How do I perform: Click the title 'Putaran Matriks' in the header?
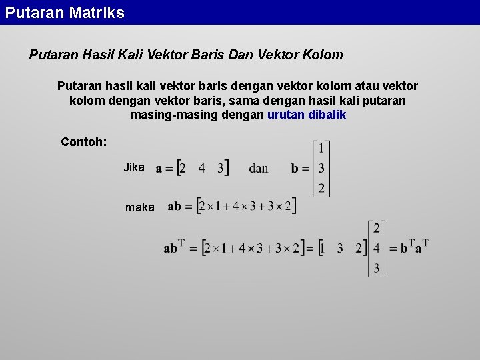(x=65, y=13)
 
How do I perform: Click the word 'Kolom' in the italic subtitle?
(x=323, y=55)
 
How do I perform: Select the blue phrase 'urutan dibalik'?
(x=307, y=115)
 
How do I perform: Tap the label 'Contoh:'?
(x=84, y=141)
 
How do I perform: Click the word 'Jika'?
(x=133, y=167)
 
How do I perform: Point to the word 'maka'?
(x=140, y=207)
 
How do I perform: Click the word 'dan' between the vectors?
(x=259, y=168)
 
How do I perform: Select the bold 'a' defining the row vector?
(x=159, y=169)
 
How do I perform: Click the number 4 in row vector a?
(x=202, y=168)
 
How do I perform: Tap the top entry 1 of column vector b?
(x=321, y=148)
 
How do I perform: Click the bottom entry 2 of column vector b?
(x=321, y=188)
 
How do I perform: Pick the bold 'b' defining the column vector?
(x=295, y=169)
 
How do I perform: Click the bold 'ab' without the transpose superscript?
(x=174, y=207)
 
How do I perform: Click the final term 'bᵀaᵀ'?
(x=414, y=247)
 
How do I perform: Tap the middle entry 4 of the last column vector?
(x=377, y=249)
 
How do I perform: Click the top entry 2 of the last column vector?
(x=377, y=229)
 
